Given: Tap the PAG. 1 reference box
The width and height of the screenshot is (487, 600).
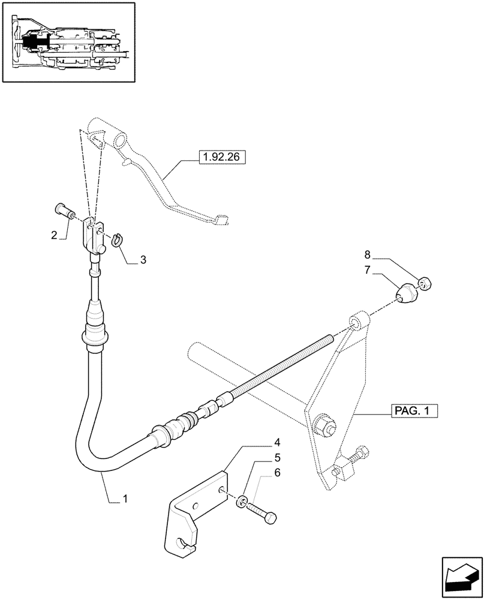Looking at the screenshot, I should tap(414, 412).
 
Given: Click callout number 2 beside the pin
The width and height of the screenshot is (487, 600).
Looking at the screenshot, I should tap(54, 235).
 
